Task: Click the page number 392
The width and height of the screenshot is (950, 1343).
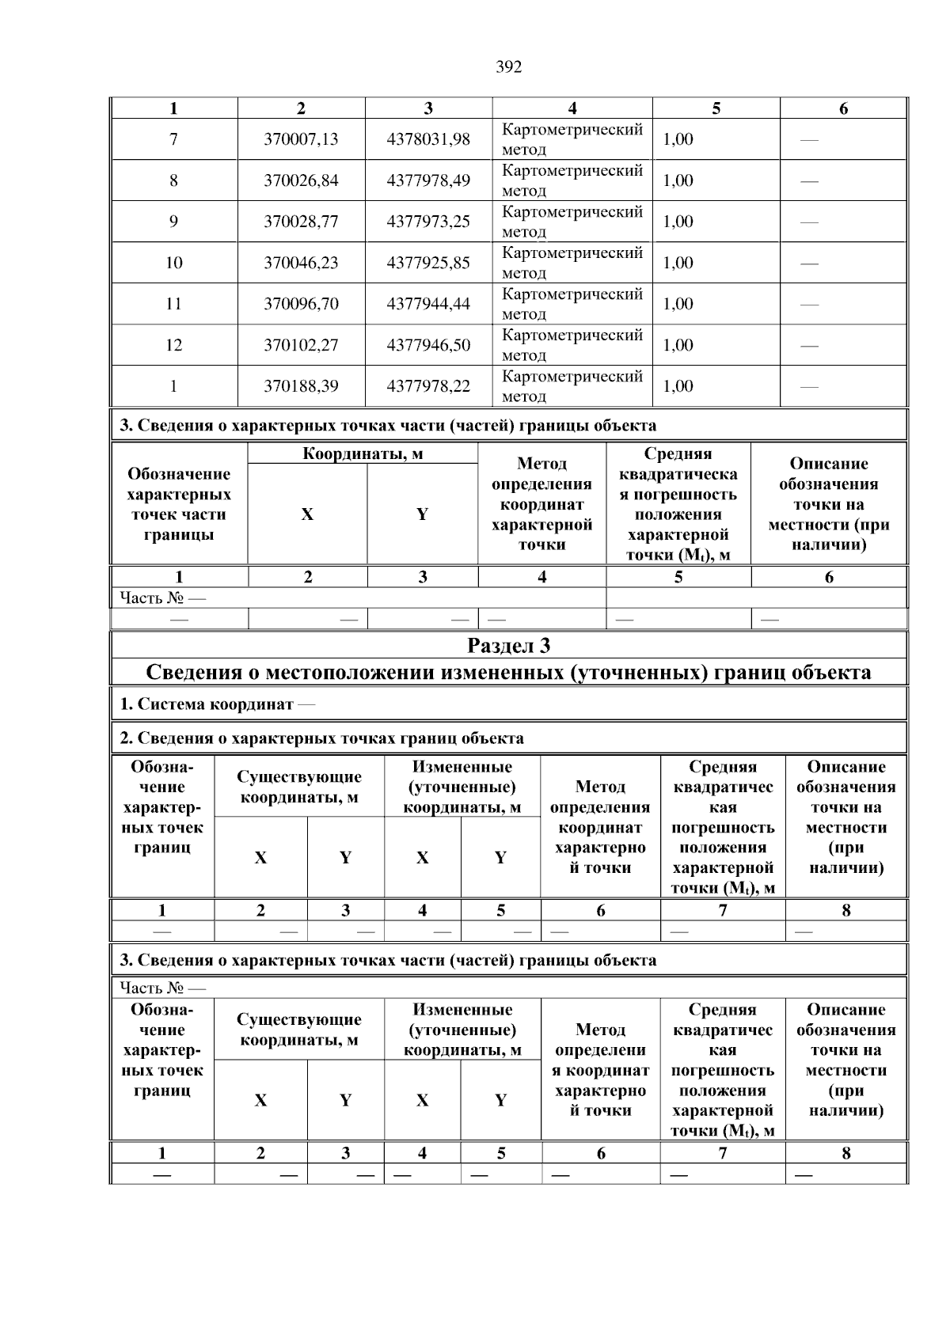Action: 508,67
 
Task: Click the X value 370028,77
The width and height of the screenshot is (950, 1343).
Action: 301,222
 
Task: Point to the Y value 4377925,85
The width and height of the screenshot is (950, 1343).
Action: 427,263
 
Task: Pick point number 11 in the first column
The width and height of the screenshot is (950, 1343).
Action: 173,304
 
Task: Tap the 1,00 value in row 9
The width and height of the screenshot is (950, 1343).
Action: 678,222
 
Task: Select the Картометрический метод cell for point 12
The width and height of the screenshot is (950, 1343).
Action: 572,345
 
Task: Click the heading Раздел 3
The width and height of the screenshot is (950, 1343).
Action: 508,646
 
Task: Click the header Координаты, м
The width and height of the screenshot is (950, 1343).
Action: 363,454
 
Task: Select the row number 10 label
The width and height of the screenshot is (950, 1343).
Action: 173,263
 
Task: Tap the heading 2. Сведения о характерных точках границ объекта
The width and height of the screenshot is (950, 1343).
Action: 321,738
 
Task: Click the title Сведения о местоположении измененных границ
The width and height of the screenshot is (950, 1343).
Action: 508,673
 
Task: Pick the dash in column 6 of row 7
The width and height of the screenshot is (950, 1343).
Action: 809,140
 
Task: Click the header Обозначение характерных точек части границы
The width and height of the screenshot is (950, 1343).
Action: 179,504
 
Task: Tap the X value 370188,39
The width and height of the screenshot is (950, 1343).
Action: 301,386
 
